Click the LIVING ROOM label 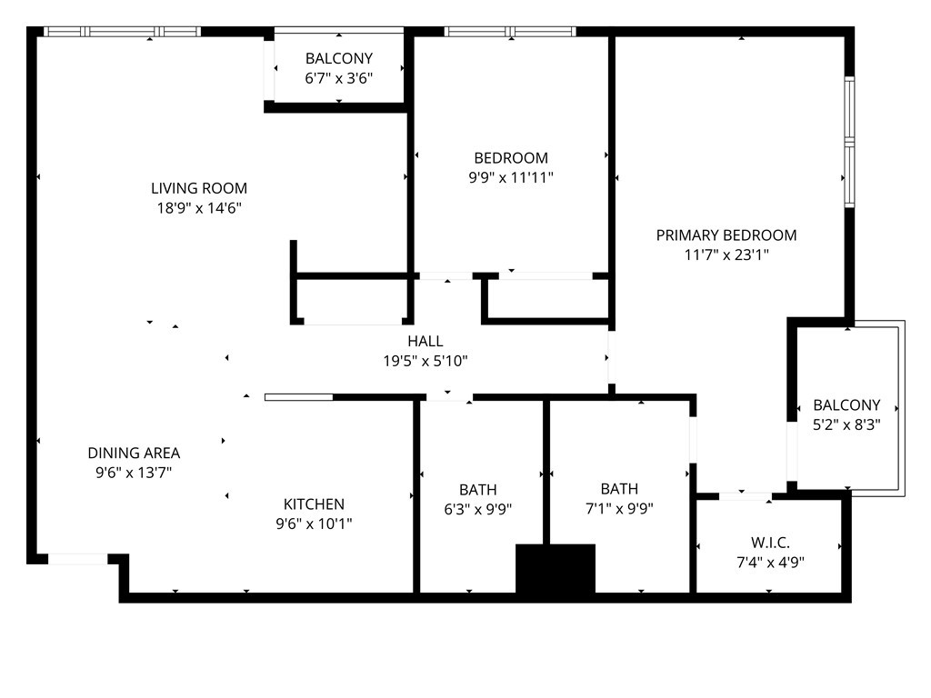coord(199,188)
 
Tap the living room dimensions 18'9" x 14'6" coord(199,208)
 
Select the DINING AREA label coord(134,453)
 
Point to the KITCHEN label coord(314,504)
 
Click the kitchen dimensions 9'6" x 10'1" coord(314,523)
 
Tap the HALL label coord(425,342)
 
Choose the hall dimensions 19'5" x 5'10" coord(425,361)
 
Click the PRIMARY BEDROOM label coord(726,235)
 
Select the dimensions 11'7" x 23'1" coord(726,254)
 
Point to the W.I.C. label coord(770,543)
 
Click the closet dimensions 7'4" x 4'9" coord(770,562)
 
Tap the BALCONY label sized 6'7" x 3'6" coord(339,58)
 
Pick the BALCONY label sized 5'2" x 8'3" coord(846,404)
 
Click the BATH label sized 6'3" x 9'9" coord(478,490)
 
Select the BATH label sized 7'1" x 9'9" coord(619,488)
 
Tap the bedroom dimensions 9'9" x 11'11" coord(511,177)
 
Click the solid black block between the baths coord(556,568)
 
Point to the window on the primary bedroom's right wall coord(850,142)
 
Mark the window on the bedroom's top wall coord(510,32)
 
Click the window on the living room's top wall coord(123,32)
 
